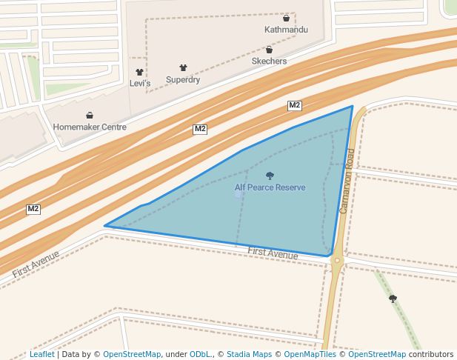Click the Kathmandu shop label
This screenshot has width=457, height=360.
click(286, 30)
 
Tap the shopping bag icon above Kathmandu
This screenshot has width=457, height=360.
click(286, 18)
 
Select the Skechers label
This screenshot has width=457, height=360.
click(269, 61)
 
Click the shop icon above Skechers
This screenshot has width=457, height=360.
click(269, 50)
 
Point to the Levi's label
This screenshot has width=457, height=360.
click(140, 84)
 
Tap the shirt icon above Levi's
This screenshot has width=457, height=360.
click(139, 73)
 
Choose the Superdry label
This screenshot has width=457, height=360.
click(183, 79)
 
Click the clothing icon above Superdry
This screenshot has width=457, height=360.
click(183, 67)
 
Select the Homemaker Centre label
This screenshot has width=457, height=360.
click(90, 127)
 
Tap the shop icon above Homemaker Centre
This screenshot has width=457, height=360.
click(90, 115)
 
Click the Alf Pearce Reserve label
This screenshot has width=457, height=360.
click(270, 187)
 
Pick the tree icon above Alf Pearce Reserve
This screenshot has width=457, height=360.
click(270, 176)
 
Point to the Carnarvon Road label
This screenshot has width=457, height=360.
click(348, 181)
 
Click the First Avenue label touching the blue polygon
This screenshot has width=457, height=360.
click(273, 254)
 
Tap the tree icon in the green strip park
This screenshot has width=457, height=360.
click(393, 299)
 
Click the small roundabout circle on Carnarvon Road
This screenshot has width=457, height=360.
click(337, 261)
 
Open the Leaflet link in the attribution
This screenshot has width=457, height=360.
click(41, 354)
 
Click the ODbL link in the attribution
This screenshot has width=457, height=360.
click(200, 354)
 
